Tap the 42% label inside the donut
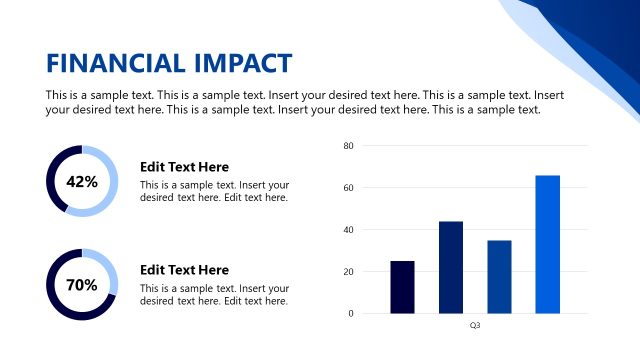82,182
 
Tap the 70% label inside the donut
82,285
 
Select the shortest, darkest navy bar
402,287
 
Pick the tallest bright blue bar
547,244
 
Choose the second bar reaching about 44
451,267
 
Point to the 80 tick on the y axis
349,146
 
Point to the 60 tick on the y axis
349,188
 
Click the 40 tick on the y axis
349,230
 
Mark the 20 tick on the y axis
349,272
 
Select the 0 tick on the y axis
351,314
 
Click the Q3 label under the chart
475,326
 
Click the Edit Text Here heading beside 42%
184,167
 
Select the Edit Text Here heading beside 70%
184,270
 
